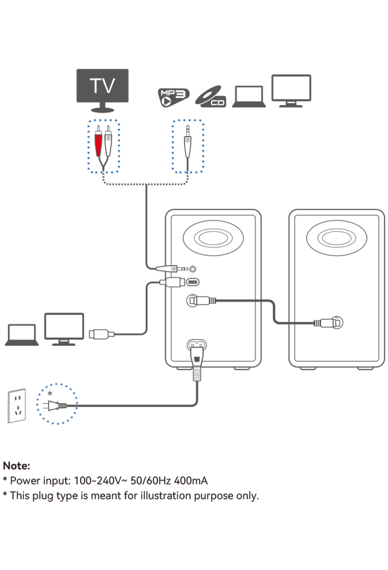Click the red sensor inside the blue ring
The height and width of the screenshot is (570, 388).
pos(98,145)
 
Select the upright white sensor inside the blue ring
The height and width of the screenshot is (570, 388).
pos(188,146)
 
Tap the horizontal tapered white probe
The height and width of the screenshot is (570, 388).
pos(167,269)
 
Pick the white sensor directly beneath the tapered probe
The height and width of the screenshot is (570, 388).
pos(173,282)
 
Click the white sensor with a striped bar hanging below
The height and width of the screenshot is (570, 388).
pos(201,301)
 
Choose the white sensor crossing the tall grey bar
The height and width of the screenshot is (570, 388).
pos(326,323)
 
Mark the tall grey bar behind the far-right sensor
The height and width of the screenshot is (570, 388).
pos(317,310)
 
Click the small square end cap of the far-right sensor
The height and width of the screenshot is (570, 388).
pos(338,323)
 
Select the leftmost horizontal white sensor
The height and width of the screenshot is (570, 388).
pos(100,334)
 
